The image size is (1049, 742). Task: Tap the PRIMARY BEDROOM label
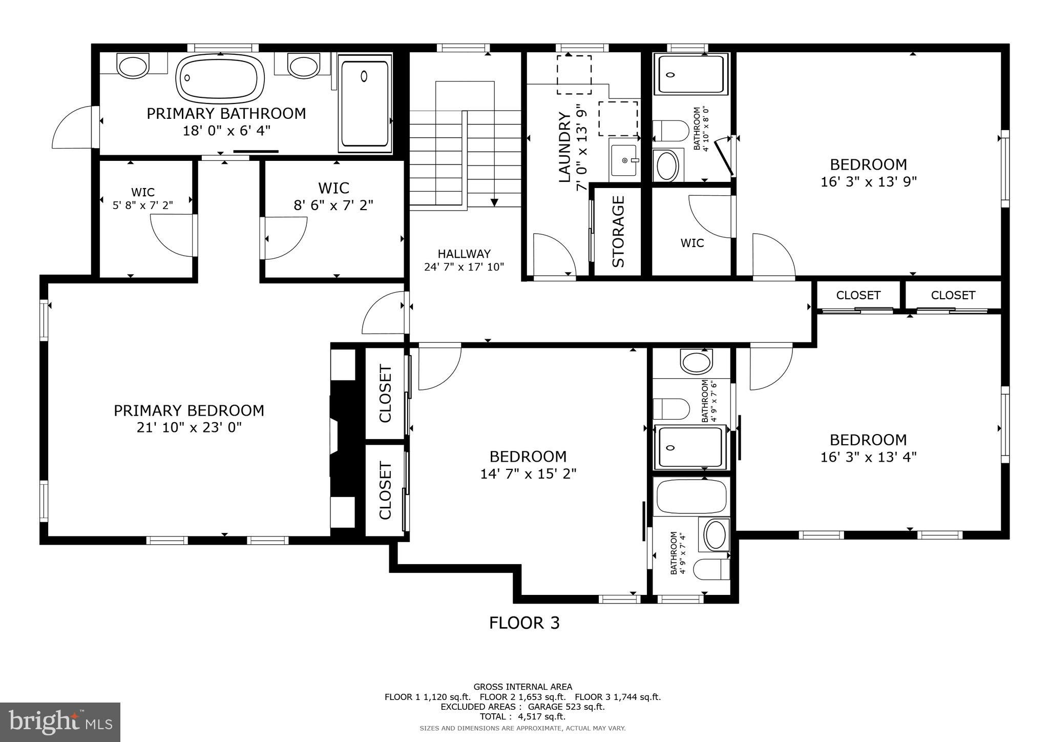(189, 410)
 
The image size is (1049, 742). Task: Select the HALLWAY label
(464, 254)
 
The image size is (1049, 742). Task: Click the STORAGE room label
(618, 232)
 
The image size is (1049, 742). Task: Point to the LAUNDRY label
(564, 148)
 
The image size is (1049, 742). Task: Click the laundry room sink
(624, 160)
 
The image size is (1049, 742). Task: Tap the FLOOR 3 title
(524, 623)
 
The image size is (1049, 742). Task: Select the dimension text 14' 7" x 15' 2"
(528, 473)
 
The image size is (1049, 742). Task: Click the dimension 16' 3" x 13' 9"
(869, 181)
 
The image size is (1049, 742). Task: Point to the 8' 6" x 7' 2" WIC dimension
(333, 205)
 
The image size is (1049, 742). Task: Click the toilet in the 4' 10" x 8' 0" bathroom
(670, 131)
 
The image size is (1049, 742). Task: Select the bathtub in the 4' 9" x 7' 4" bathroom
(691, 496)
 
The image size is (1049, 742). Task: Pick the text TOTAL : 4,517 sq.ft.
(522, 716)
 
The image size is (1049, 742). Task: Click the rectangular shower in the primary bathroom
(365, 104)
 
